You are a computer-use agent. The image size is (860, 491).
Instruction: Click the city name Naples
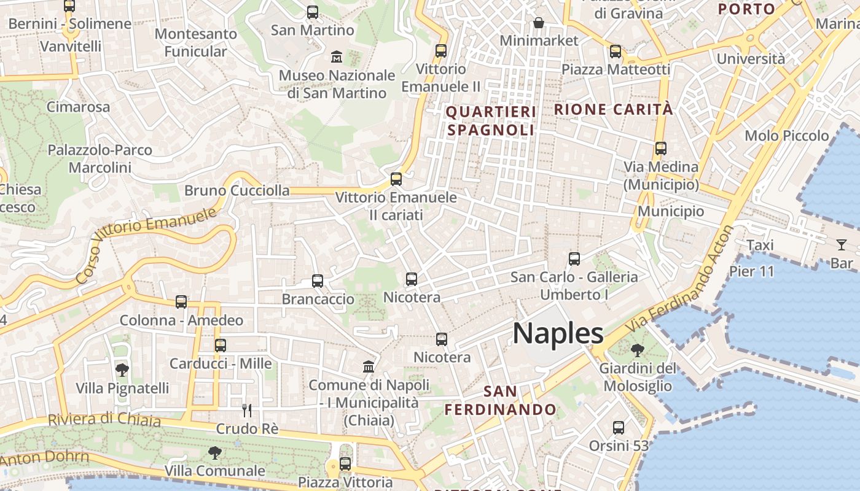click(558, 333)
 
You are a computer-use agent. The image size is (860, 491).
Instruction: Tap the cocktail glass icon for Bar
click(841, 245)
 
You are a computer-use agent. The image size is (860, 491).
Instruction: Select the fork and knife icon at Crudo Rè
click(247, 410)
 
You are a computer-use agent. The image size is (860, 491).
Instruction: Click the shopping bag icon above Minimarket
click(539, 23)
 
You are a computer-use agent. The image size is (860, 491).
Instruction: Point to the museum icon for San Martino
click(337, 57)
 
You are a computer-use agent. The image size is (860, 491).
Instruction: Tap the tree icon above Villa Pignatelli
click(122, 369)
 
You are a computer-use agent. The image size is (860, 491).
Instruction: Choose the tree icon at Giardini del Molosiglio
click(638, 350)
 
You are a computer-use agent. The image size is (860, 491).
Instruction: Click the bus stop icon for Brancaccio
click(318, 281)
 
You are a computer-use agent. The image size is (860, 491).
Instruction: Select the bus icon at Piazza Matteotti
click(616, 52)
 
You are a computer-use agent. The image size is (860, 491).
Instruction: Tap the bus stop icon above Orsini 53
click(619, 427)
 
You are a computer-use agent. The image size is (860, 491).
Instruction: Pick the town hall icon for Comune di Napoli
click(369, 366)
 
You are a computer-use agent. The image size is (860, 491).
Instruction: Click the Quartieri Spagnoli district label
click(491, 121)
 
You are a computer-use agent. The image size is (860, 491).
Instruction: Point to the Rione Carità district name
click(614, 109)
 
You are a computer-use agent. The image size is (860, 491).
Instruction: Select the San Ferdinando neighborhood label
click(501, 400)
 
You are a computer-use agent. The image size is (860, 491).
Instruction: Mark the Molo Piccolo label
click(786, 136)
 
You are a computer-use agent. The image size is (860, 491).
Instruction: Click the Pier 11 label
click(752, 271)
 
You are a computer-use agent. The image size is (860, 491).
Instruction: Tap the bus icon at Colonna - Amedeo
click(181, 302)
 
